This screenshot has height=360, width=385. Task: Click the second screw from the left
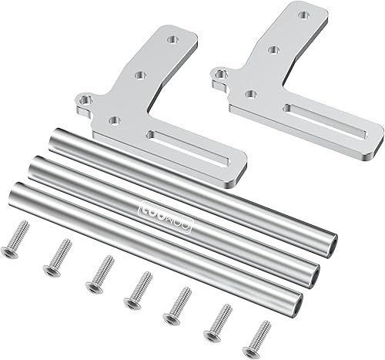point(58,254)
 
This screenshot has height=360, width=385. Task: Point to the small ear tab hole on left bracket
point(83,100)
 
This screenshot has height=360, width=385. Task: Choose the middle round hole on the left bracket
point(141,76)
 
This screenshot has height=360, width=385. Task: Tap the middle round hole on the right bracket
point(273,51)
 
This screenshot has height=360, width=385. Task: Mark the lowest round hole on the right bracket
point(250,93)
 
